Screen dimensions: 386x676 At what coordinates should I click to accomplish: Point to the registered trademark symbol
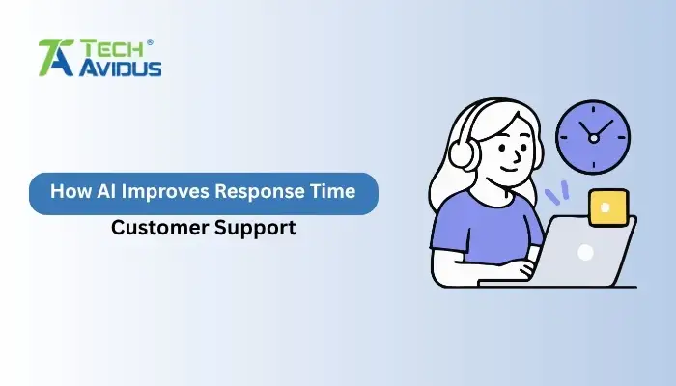pyautogui.click(x=149, y=41)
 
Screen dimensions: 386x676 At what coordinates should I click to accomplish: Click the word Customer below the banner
pyautogui.click(x=155, y=229)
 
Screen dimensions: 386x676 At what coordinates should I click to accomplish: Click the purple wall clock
pyautogui.click(x=593, y=137)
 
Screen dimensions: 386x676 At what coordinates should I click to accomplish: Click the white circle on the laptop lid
pyautogui.click(x=585, y=252)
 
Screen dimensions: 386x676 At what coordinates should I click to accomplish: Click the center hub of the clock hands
pyautogui.click(x=593, y=137)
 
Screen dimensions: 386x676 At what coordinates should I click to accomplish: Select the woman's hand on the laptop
pyautogui.click(x=525, y=269)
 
